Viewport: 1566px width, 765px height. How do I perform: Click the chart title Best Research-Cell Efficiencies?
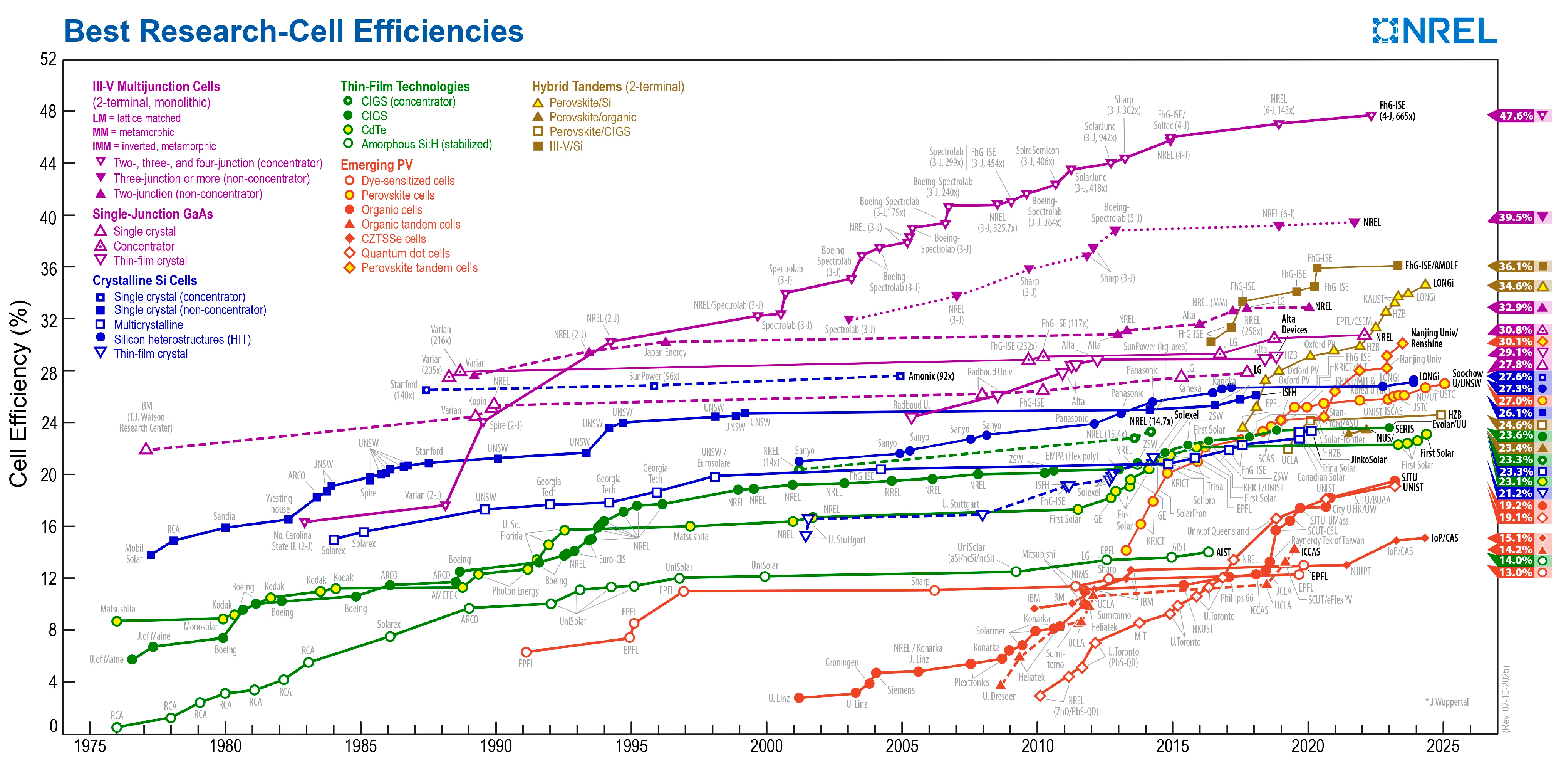click(293, 31)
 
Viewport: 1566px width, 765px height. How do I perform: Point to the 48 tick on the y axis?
click(48, 112)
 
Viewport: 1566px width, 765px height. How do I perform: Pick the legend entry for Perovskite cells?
click(397, 195)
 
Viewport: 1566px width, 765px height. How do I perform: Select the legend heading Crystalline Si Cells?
click(145, 280)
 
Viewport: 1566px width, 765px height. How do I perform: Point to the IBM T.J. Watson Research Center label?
click(146, 417)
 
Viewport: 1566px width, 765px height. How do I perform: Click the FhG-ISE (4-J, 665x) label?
click(1397, 111)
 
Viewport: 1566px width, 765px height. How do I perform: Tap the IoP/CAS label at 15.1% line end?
click(1444, 538)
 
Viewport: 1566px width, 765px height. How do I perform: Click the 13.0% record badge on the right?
click(1516, 573)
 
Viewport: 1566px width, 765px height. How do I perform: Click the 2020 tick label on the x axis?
click(1307, 746)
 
